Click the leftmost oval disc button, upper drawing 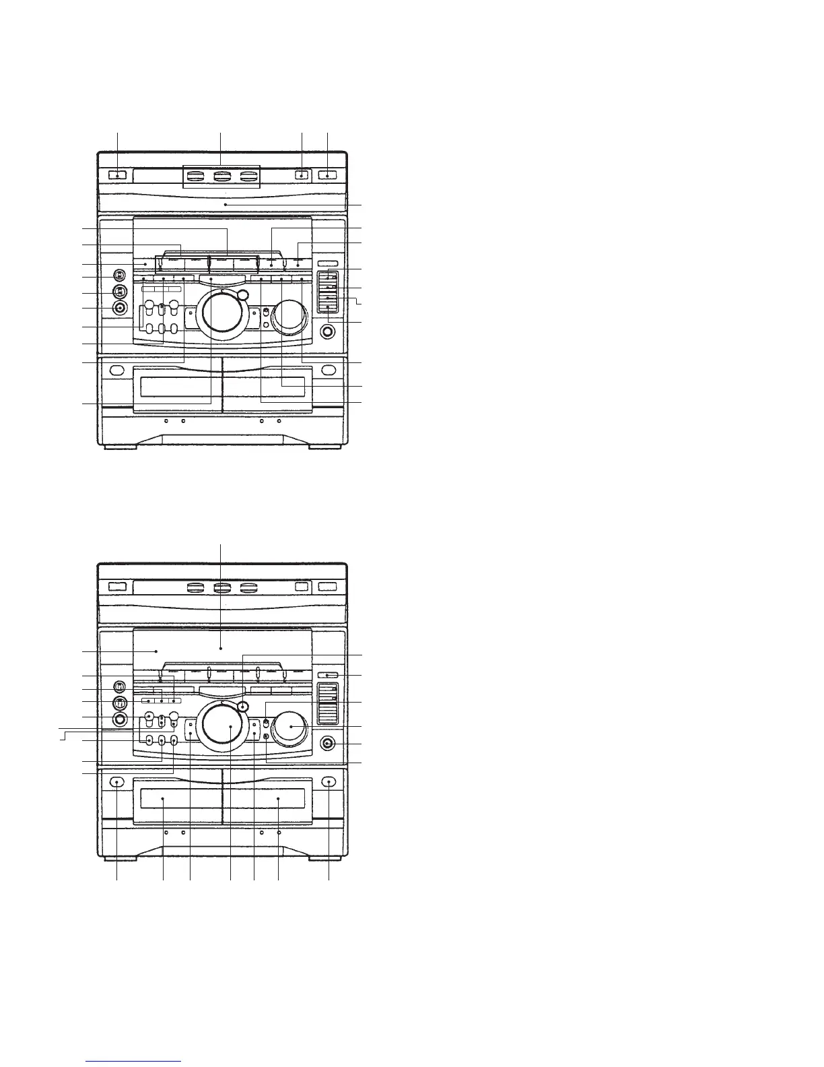[x=195, y=176]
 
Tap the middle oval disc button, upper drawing [x=221, y=176]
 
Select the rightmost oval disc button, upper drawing [x=249, y=176]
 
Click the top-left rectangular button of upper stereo [x=116, y=176]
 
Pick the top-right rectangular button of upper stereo [x=328, y=176]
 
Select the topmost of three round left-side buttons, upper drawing [x=119, y=276]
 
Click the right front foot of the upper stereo [x=323, y=446]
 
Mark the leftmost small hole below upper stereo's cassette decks [x=166, y=421]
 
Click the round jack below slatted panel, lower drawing [x=328, y=744]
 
